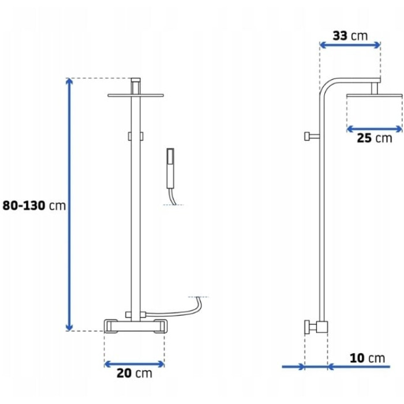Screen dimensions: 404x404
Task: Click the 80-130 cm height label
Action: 34,205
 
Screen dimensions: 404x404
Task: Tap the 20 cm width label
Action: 134,373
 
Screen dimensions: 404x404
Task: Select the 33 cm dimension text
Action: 350,36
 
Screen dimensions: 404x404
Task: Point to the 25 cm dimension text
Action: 375,138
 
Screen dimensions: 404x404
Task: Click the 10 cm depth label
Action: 367,358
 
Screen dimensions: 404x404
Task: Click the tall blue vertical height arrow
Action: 69,204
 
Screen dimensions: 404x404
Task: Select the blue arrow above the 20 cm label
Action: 134,364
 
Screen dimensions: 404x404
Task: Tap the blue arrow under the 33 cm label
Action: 350,45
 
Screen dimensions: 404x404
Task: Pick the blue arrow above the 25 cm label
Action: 375,129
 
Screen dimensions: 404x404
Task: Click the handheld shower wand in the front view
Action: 171,169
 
